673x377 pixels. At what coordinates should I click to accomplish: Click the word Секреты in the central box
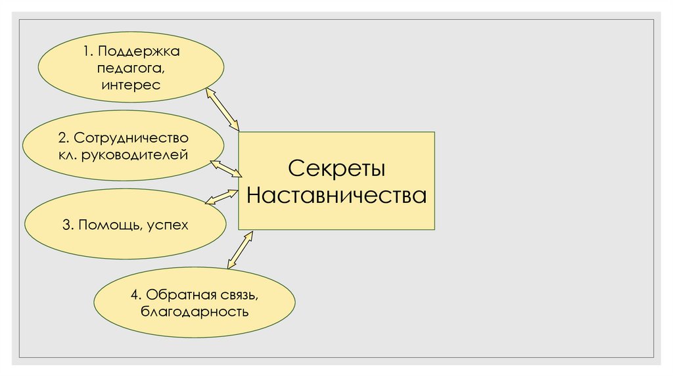(336, 168)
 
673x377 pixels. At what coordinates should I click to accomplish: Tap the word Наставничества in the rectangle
(336, 196)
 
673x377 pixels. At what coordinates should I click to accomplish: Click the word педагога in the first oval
(130, 68)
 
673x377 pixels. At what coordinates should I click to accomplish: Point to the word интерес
(131, 84)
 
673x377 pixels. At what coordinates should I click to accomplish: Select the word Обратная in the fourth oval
(175, 294)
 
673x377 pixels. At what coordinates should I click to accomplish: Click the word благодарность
(194, 311)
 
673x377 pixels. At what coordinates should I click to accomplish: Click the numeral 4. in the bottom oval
(135, 294)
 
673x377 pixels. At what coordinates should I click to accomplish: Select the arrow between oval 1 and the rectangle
(223, 108)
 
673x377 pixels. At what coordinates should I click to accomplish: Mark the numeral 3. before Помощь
(68, 225)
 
